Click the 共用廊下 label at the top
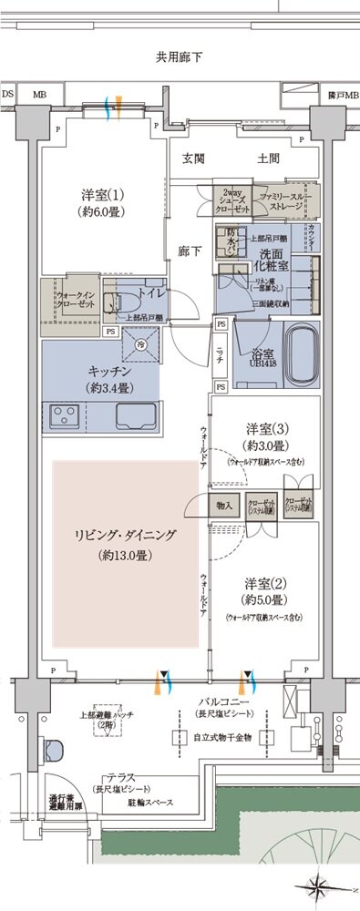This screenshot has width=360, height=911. tap(179, 57)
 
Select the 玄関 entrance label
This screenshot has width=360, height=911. tap(192, 159)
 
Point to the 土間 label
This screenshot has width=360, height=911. tap(267, 159)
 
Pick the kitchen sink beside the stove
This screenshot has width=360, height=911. tap(134, 417)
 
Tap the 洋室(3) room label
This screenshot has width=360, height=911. tap(264, 435)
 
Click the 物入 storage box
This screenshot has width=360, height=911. tap(225, 505)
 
